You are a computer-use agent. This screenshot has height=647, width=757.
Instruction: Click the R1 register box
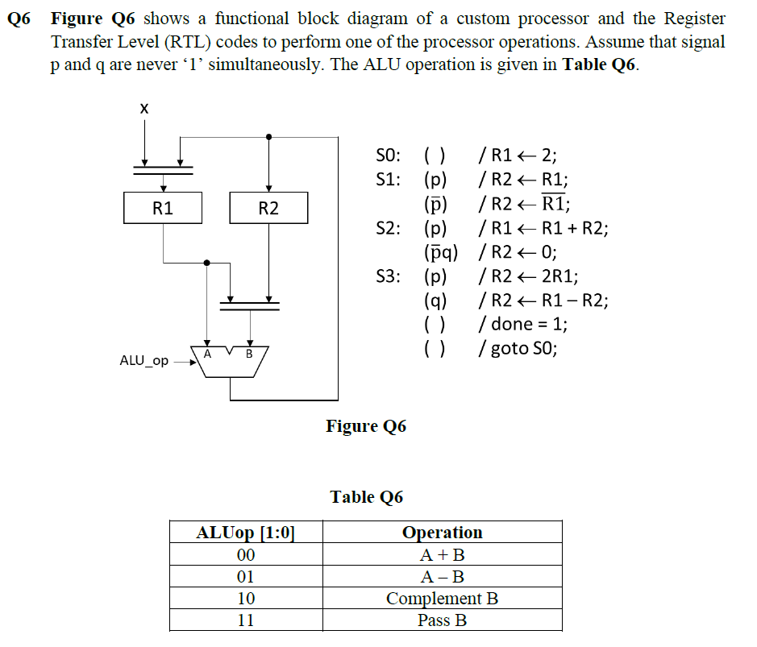coord(163,208)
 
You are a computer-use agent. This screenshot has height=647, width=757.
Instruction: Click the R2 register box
coord(268,208)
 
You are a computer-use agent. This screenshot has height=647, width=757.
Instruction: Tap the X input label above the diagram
coord(144,108)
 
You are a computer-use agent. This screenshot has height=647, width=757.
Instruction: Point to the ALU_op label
coord(143,361)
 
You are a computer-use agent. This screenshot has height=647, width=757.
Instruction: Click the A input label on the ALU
coord(207,353)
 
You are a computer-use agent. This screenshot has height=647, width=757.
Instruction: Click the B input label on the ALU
coord(249,353)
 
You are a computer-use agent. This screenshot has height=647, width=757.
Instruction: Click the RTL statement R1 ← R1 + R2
coord(545,228)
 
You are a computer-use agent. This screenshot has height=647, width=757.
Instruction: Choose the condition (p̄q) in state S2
coord(441,252)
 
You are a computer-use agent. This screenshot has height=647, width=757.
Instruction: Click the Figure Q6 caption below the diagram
coord(366,426)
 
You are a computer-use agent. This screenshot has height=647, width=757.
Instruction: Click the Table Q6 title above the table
coord(366,497)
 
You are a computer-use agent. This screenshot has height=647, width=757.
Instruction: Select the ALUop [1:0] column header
coord(246,533)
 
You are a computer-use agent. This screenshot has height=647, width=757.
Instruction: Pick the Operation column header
coord(442,533)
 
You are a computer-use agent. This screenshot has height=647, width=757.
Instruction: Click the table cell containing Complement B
coord(442,599)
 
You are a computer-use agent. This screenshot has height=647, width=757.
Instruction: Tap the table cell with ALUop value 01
coord(246,577)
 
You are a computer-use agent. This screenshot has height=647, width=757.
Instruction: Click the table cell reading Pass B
coord(442,620)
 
